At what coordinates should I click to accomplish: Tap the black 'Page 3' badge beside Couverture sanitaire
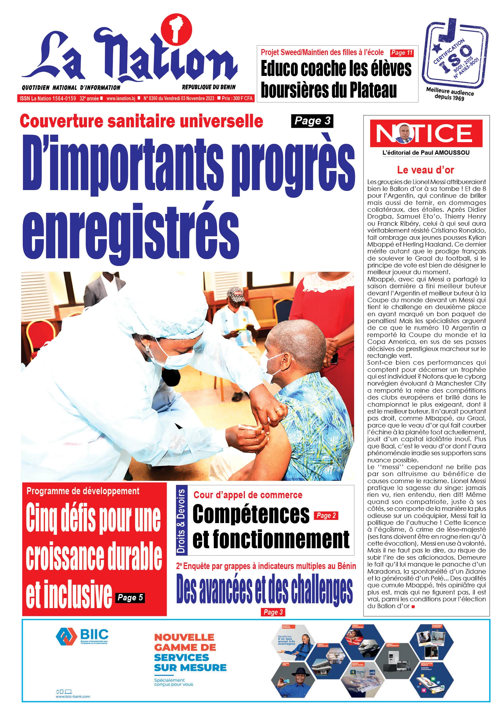(312, 121)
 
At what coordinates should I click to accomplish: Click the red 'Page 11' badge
(402, 53)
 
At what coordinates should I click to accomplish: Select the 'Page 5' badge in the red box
(130, 598)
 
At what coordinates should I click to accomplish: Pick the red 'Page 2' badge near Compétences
(326, 515)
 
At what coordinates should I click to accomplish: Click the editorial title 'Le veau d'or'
(425, 170)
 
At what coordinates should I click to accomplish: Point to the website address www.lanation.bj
(121, 98)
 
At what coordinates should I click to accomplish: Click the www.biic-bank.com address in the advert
(73, 696)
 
